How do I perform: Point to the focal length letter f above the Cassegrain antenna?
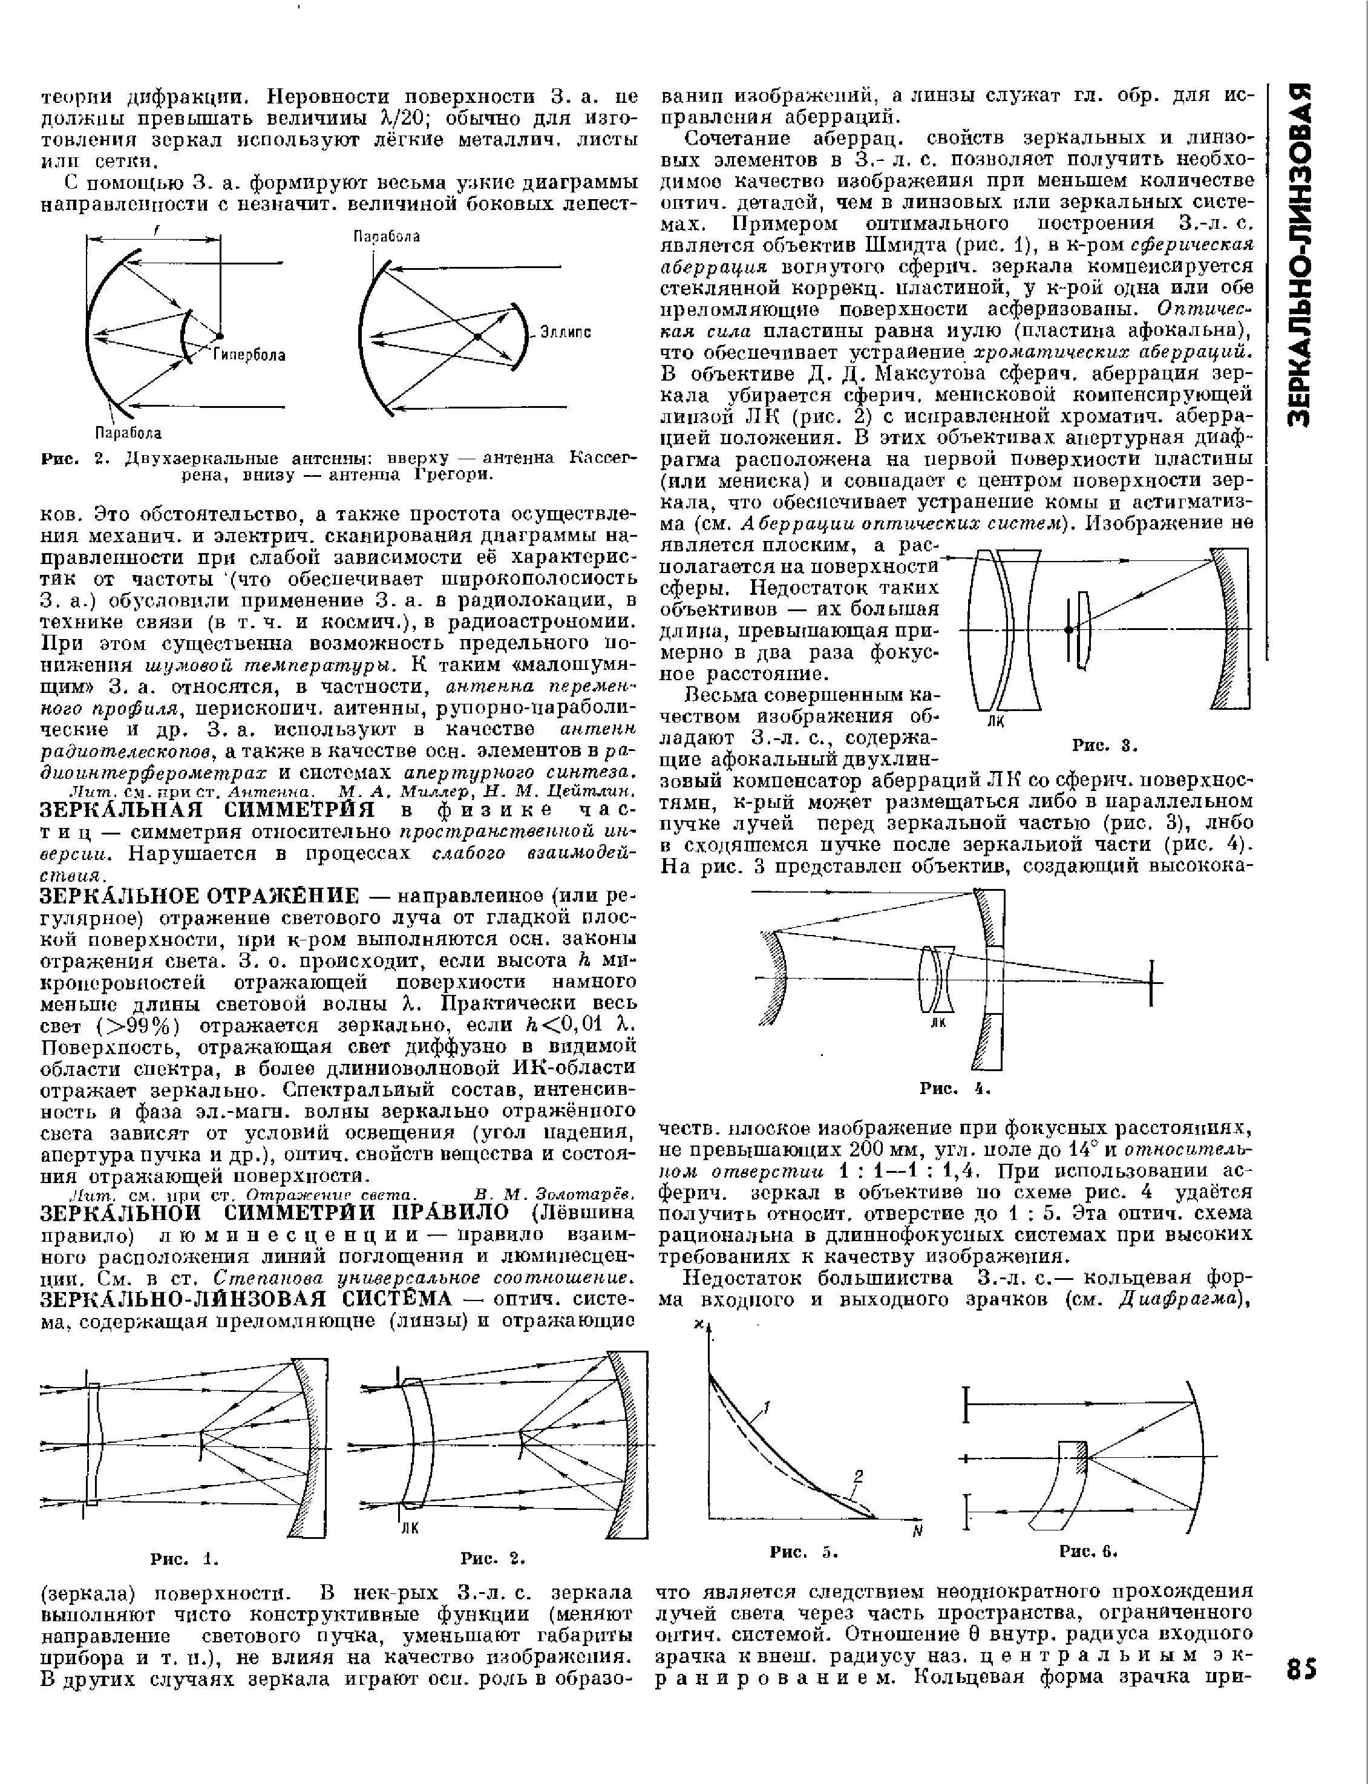[x=155, y=232]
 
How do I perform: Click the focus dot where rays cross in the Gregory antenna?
[x=478, y=335]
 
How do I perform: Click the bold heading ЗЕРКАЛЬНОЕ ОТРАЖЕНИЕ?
[x=200, y=896]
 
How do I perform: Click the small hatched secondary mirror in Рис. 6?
[x=1081, y=1457]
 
